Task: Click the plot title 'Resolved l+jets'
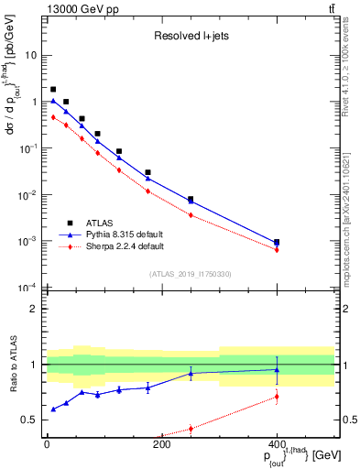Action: [190, 37]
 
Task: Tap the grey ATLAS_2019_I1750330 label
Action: [189, 273]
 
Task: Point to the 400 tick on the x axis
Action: [277, 446]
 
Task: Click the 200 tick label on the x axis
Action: [161, 446]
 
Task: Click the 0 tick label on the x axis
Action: [47, 446]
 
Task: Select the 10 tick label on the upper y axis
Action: [30, 55]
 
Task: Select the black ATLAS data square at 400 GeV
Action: [277, 243]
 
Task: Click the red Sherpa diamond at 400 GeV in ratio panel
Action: [277, 397]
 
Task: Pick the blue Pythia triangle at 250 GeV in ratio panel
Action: [191, 374]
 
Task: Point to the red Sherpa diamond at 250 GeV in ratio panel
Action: [191, 428]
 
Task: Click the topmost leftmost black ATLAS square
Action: [53, 90]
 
